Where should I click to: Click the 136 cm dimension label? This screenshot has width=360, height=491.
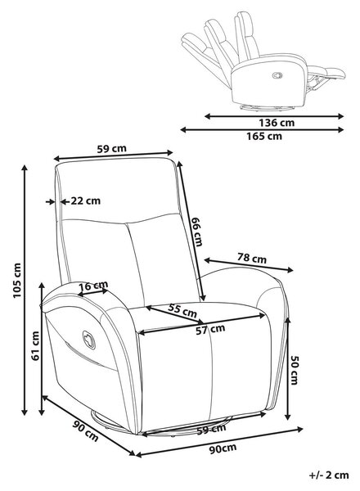(x=277, y=123)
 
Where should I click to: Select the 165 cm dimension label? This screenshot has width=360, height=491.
(x=264, y=136)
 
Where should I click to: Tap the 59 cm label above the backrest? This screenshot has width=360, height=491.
(x=111, y=149)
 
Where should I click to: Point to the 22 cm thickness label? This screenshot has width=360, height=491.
(x=85, y=200)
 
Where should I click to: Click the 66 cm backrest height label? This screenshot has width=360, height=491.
(x=197, y=232)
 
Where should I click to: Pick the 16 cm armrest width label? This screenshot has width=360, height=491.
(x=93, y=286)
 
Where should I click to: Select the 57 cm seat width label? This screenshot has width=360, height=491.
(x=210, y=329)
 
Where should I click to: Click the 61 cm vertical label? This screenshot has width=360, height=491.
(x=35, y=345)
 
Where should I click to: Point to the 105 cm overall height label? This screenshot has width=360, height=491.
(x=17, y=281)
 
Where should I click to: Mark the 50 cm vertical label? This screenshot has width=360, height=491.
(x=295, y=370)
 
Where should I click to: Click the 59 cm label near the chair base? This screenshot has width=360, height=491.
(x=211, y=430)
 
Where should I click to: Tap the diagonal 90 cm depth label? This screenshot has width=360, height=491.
(x=85, y=431)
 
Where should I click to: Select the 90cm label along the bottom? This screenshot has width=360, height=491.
(x=223, y=449)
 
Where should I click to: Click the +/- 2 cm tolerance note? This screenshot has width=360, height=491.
(x=329, y=475)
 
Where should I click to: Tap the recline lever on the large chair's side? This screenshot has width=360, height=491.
(x=88, y=340)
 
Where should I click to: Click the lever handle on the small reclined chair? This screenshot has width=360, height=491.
(x=277, y=75)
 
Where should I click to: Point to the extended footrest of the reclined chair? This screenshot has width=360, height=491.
(x=326, y=74)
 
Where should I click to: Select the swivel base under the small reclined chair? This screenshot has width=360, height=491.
(x=267, y=107)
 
